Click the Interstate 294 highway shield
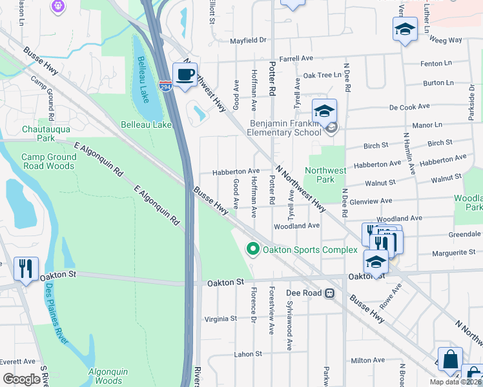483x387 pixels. click(167, 85)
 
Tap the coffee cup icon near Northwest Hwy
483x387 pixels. click(185, 75)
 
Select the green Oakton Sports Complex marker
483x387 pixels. click(253, 249)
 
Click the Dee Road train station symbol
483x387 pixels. click(329, 293)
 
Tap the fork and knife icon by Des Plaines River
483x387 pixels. click(26, 268)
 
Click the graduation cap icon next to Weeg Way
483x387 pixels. click(405, 28)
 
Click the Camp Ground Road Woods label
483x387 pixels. click(48, 161)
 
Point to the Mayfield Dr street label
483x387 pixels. click(249, 41)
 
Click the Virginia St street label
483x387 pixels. click(221, 319)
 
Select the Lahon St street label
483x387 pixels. click(248, 354)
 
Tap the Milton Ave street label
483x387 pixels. click(367, 361)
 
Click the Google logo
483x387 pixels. click(21, 379)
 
